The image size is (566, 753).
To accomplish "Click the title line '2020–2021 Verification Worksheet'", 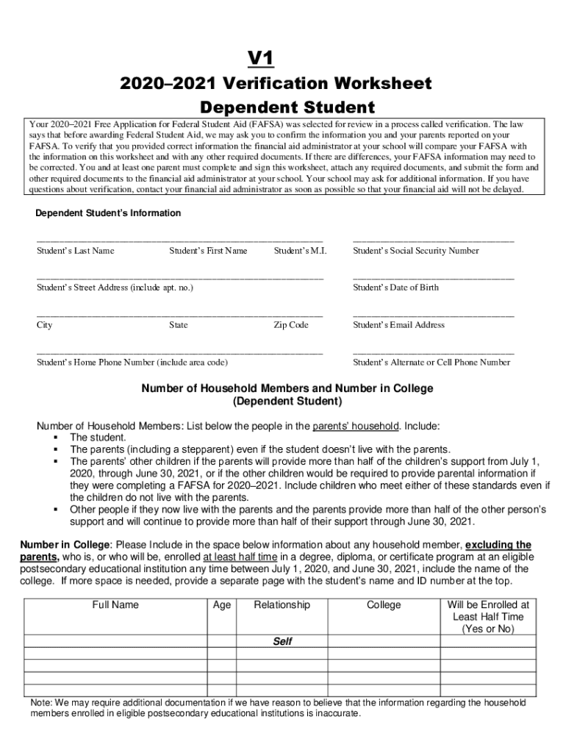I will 276,83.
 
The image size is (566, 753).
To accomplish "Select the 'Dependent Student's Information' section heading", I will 108,213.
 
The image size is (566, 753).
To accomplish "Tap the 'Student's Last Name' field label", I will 76,251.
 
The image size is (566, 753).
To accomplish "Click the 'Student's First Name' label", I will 208,251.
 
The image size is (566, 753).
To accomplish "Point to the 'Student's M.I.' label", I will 300,251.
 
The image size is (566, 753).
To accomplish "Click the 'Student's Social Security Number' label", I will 415,251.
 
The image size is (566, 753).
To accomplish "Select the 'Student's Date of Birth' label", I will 395,288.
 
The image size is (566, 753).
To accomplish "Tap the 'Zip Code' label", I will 291,325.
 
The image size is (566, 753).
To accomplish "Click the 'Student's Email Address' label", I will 398,325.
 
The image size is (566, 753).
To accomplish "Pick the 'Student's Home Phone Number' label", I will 132,363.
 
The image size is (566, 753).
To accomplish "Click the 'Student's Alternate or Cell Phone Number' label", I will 431,363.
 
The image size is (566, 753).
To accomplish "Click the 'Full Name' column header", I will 115,605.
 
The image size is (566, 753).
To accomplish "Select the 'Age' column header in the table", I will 222,605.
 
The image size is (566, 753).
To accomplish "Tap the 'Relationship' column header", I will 282,605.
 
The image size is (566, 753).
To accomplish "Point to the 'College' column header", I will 384,605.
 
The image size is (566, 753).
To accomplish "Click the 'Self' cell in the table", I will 282,642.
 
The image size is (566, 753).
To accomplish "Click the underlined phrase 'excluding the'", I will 498,545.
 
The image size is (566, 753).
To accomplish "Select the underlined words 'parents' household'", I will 356,427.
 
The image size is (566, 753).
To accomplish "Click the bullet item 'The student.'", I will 98,438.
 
